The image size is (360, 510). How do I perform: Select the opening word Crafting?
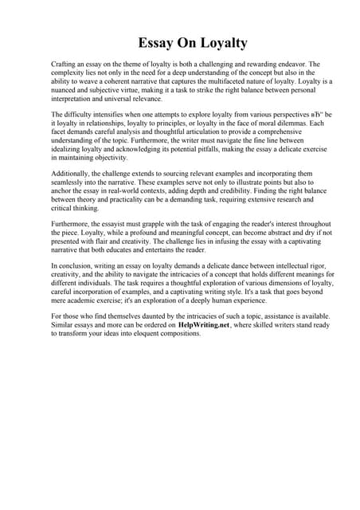[x=65, y=63]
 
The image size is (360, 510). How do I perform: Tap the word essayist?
[x=122, y=225]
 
